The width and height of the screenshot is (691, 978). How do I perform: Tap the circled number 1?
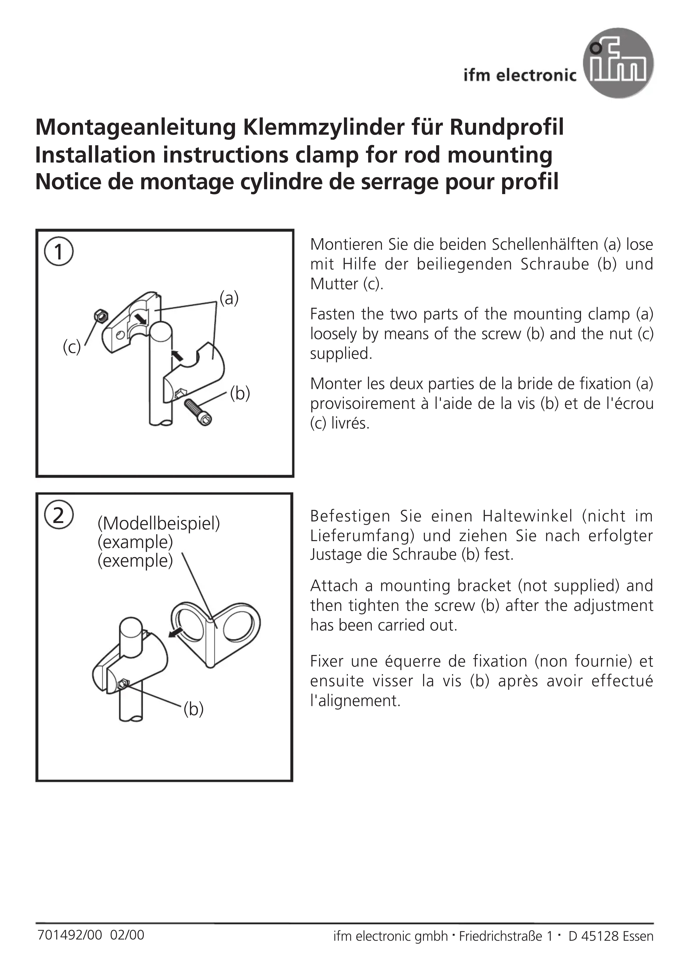click(x=59, y=252)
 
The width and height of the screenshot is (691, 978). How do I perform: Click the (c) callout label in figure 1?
click(x=72, y=347)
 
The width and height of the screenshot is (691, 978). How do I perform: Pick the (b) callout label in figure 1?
click(x=240, y=393)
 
